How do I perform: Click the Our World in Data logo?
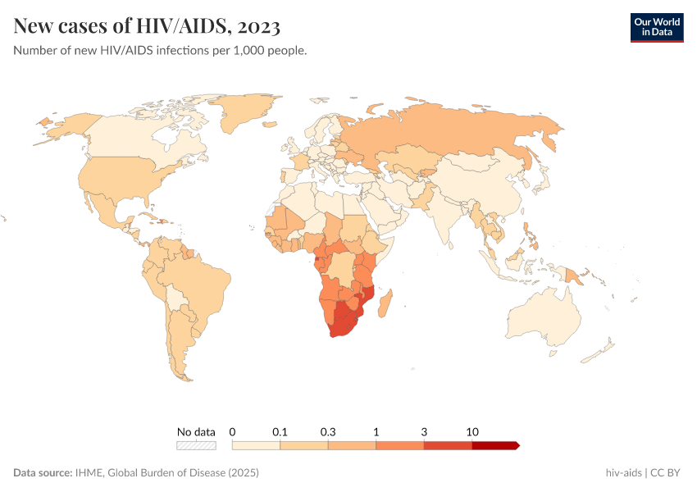pos(656,26)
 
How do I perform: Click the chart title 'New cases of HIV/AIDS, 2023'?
pos(147,26)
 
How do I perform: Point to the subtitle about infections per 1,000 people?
pos(160,51)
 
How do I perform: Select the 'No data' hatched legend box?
pos(196,445)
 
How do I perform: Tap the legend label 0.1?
pos(280,431)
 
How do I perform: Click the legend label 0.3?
pos(328,431)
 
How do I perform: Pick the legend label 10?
pos(472,431)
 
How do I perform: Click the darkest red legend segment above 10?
pos(495,445)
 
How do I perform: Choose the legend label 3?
pos(424,431)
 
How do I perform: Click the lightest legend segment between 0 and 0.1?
pos(257,445)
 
